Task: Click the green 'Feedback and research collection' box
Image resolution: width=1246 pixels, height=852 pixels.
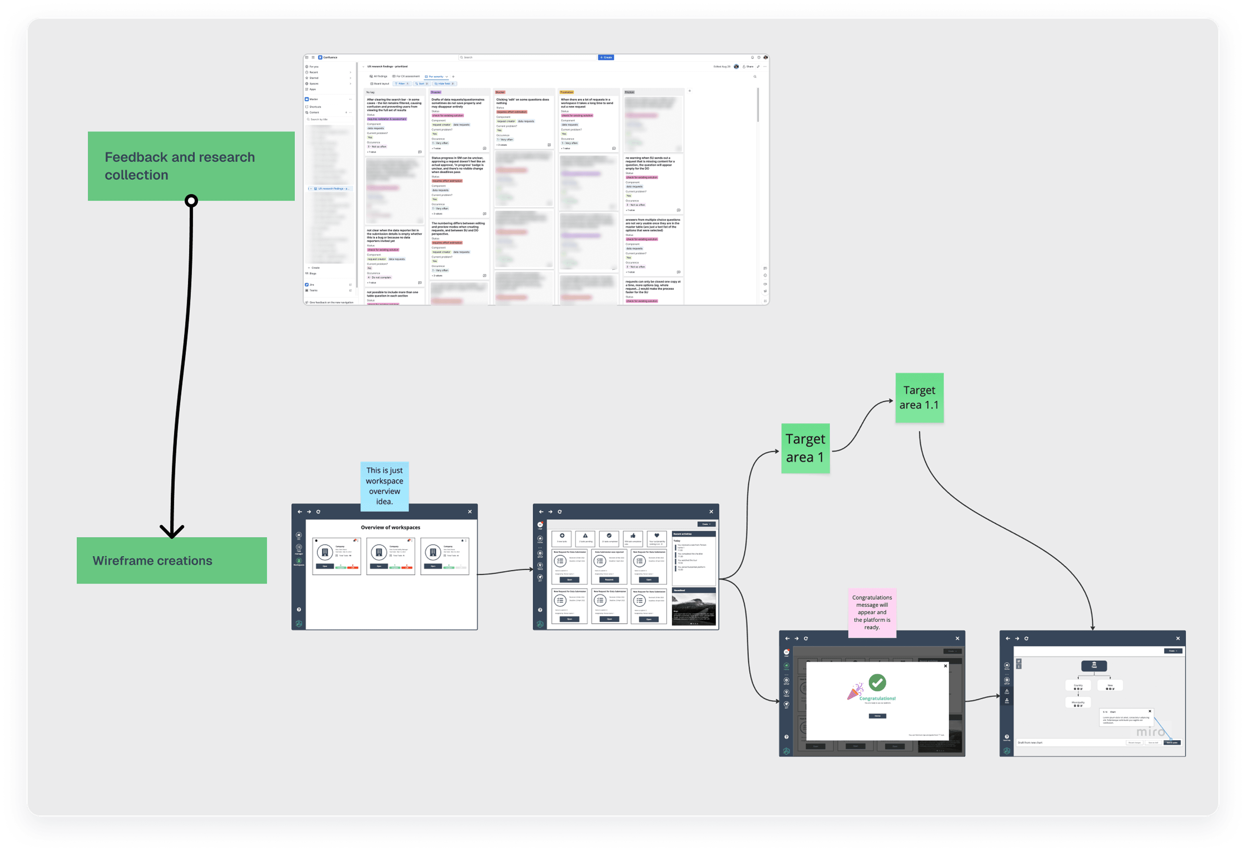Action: [191, 166]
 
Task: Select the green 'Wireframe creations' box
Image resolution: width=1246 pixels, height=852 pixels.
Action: [172, 560]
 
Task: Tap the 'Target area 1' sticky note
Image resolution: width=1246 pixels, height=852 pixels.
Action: [805, 448]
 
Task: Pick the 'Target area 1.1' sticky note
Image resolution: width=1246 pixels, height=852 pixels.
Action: [919, 398]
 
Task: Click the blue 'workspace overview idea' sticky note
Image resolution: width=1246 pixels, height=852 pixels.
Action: [385, 486]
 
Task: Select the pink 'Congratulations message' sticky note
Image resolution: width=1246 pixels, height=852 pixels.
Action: [872, 612]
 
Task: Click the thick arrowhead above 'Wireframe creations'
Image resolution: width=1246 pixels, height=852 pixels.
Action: [172, 531]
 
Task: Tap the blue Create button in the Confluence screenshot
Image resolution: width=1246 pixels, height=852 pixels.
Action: [606, 57]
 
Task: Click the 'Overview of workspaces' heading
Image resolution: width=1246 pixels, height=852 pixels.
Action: [390, 528]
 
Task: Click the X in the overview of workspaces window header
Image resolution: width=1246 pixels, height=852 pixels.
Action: [470, 512]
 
